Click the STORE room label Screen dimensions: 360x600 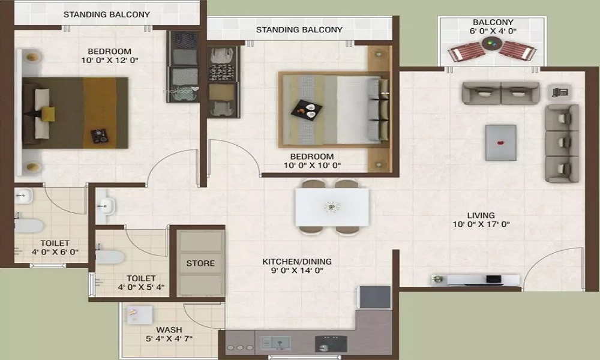coord(200,263)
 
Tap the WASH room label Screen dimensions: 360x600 coord(169,330)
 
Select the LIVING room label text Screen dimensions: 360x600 coord(481,215)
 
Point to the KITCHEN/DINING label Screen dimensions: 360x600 coord(297,262)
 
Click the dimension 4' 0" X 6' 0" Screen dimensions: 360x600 coord(55,252)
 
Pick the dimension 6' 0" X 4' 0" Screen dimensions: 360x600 coord(493,31)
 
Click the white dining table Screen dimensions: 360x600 coord(332,207)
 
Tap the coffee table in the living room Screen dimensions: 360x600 coord(500,142)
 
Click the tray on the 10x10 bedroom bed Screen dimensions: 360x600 coord(306,110)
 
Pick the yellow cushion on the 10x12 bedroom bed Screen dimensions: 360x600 coord(48,114)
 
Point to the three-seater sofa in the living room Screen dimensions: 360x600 coord(562,143)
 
